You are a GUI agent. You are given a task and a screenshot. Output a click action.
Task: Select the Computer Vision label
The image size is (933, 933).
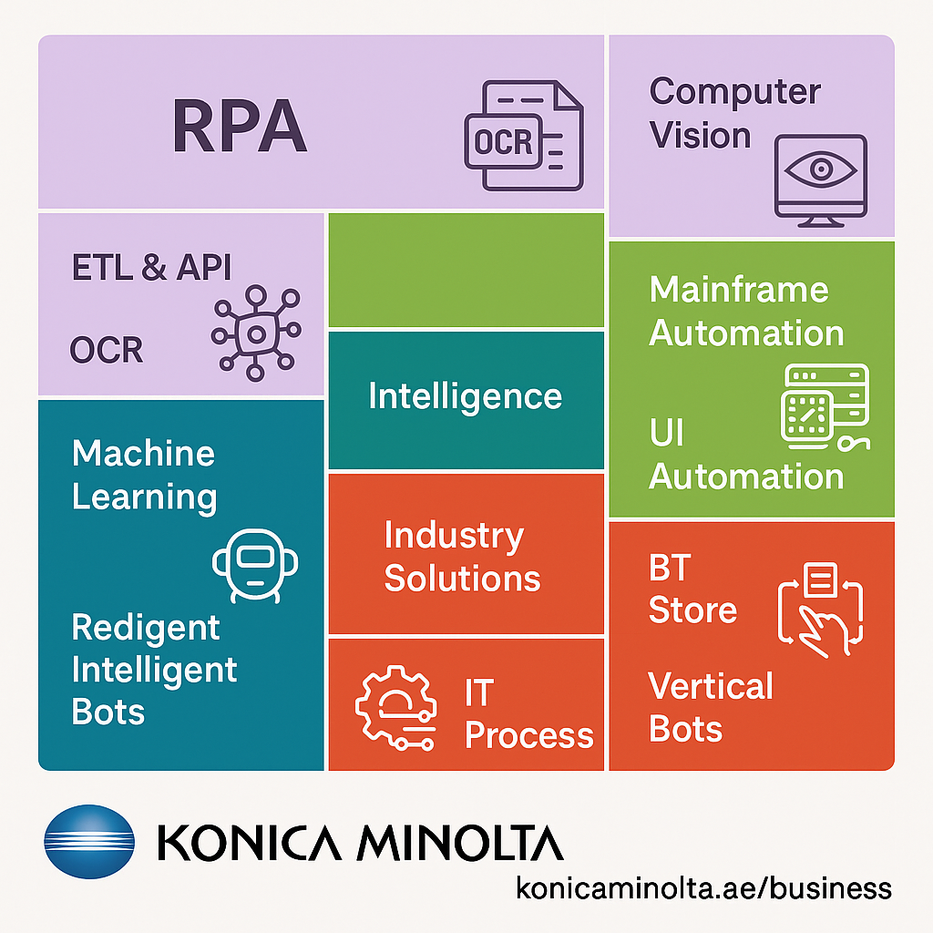(734, 114)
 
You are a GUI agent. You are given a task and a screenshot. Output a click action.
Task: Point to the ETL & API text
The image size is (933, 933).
(151, 268)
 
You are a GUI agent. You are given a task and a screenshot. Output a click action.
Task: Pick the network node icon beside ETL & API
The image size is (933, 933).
(256, 330)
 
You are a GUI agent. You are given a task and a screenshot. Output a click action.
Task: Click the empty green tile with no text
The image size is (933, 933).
(466, 270)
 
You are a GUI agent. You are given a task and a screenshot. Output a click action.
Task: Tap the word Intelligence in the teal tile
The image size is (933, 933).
(465, 397)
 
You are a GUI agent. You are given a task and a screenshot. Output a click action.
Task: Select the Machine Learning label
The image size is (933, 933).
(144, 475)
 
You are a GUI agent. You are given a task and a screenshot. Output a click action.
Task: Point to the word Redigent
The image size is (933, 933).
(146, 628)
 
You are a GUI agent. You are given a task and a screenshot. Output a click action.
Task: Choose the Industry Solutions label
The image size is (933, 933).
(462, 557)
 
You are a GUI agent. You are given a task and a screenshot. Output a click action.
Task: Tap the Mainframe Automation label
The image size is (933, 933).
(745, 312)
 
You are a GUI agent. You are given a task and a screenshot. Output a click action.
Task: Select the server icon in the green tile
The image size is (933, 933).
(825, 407)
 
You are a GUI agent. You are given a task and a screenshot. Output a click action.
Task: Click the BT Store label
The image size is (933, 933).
(692, 590)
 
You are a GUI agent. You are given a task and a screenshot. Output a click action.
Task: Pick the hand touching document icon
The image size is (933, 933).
(821, 606)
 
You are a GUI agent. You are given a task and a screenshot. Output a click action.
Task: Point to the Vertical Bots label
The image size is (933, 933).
(710, 708)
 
